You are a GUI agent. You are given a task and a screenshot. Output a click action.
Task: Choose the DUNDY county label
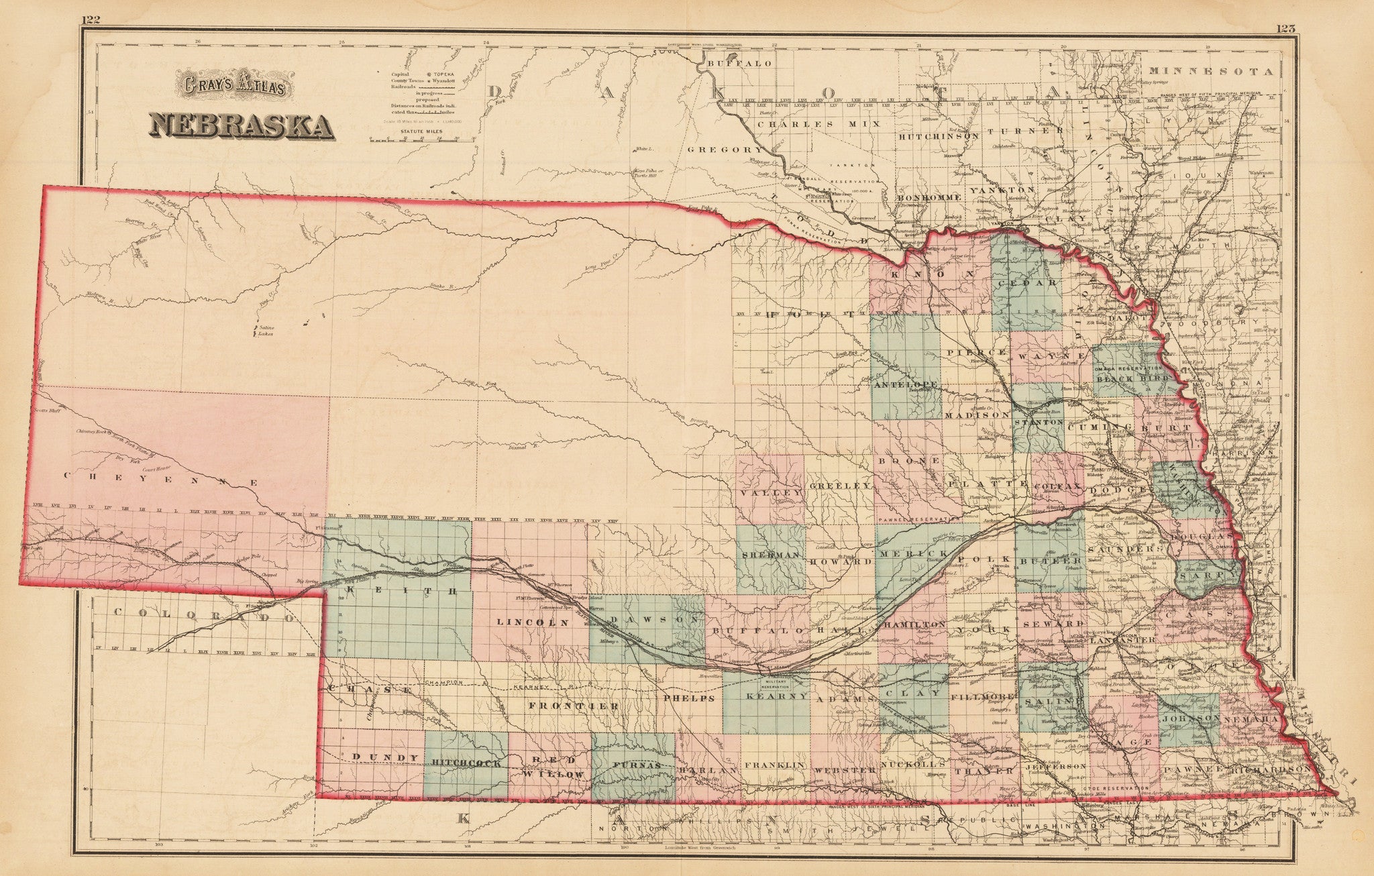377,757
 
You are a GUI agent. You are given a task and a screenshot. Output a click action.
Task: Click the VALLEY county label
772,492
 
